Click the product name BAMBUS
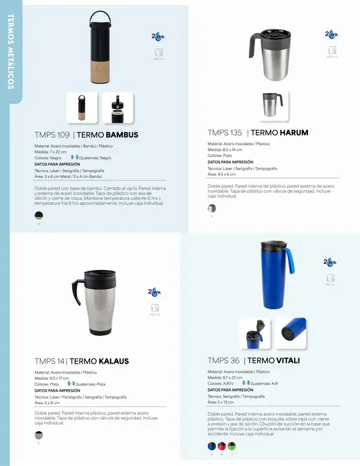[x=122, y=135]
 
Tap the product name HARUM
[x=294, y=133]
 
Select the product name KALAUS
[x=111, y=361]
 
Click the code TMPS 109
[x=52, y=135]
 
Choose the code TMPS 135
[x=225, y=133]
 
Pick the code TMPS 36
[x=223, y=361]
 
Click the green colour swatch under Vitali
[x=232, y=446]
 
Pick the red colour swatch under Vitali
[x=222, y=446]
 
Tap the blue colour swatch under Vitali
[x=212, y=446]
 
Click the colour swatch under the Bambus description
[x=39, y=216]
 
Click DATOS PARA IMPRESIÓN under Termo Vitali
[x=230, y=390]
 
